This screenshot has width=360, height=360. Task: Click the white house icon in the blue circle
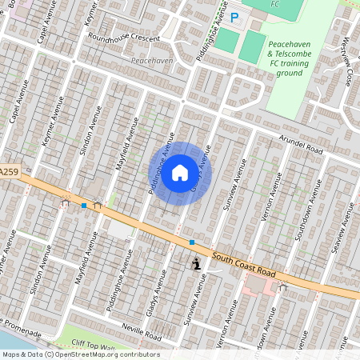[x=180, y=172]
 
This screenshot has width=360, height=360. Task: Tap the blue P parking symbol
[x=234, y=16]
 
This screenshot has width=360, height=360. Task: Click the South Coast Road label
[x=245, y=265]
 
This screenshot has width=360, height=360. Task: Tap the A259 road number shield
[x=8, y=172]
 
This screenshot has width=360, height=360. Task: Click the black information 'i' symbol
[x=196, y=262]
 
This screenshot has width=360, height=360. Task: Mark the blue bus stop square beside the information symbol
[x=192, y=242]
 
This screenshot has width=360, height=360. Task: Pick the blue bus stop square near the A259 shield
[x=83, y=206]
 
